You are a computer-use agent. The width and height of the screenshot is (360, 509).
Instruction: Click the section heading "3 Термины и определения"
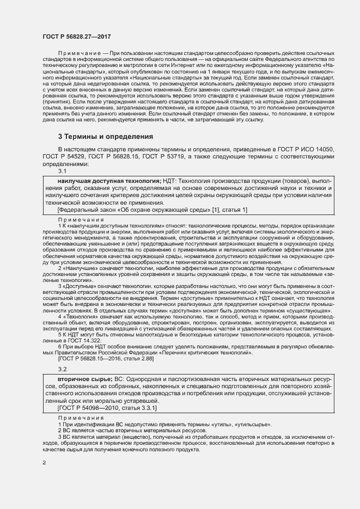tap(106, 136)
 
